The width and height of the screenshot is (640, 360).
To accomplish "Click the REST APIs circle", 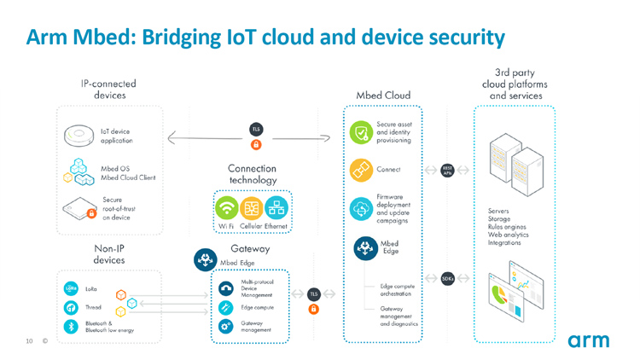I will [448, 170].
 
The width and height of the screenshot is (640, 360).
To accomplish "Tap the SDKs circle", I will [448, 278].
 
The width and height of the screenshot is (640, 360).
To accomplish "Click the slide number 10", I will [29, 342].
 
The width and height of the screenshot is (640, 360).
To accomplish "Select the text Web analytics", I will [509, 234].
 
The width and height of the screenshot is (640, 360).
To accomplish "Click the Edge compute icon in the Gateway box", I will [226, 307].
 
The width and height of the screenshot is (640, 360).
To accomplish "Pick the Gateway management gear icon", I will [226, 326].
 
